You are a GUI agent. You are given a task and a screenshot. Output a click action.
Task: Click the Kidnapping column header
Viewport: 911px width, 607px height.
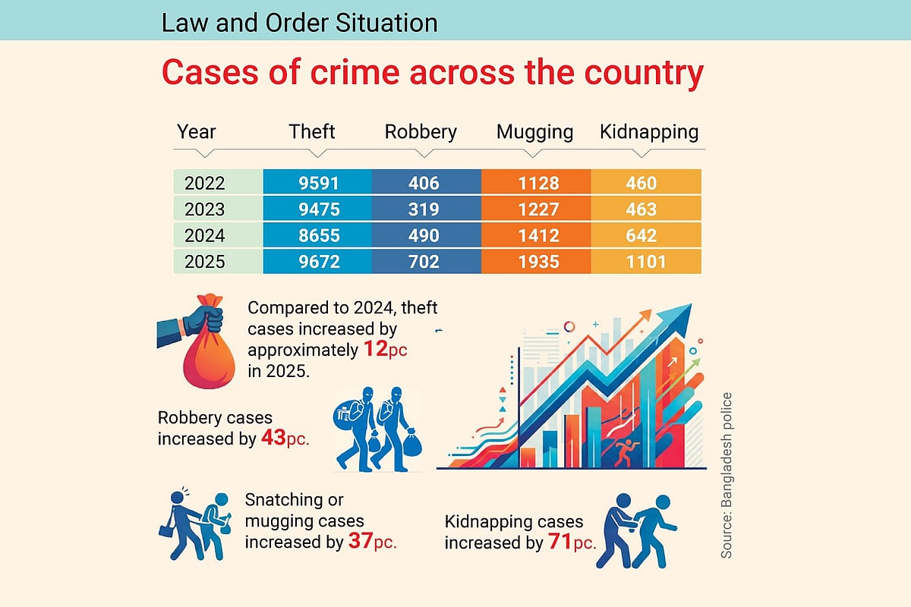coord(648,131)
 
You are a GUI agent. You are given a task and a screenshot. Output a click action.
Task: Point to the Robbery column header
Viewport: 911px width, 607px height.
coord(421,131)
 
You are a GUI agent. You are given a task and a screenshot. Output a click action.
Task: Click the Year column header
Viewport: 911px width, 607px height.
coord(197,131)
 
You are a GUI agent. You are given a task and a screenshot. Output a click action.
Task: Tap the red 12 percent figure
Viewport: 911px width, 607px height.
coord(368,351)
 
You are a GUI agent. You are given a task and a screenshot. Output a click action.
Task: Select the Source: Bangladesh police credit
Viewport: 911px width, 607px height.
coord(727,476)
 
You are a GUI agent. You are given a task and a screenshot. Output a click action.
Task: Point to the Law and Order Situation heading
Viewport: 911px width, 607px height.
coord(299,23)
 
